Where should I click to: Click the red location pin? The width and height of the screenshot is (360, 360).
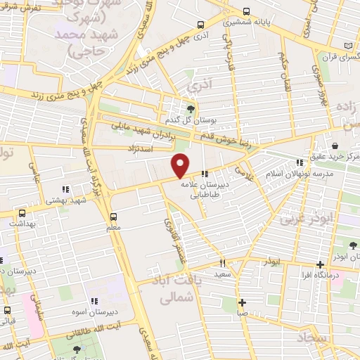181,165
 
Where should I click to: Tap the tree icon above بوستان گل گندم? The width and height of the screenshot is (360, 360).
191,108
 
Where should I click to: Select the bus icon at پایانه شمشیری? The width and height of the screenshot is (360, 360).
245,12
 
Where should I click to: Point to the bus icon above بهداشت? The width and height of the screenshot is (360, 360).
22,213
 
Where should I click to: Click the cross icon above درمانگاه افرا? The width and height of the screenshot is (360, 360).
320,265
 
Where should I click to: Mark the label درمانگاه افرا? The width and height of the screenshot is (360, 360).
323,276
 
